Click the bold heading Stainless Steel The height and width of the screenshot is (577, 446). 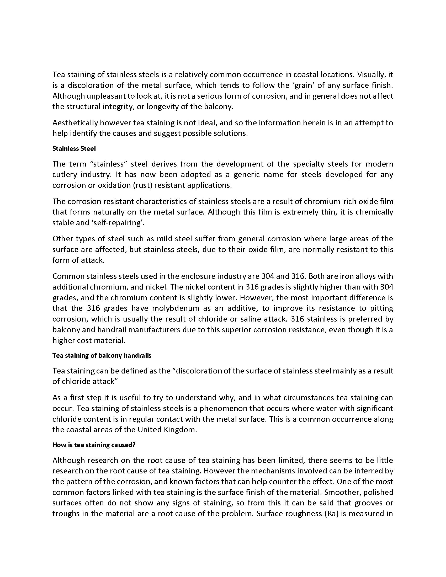[74, 149]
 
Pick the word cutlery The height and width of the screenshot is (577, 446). [64, 175]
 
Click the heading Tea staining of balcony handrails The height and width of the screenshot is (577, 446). [102, 356]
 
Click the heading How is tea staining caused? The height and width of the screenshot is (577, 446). [94, 445]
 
